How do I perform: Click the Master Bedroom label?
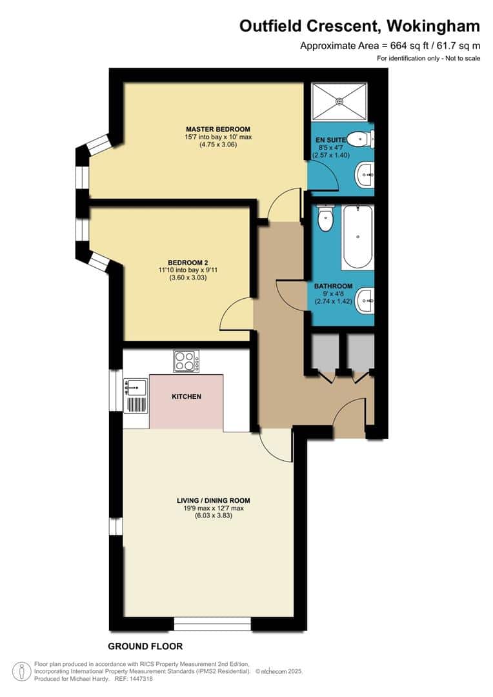[217, 129]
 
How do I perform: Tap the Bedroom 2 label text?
[188, 262]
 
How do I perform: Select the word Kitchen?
[186, 396]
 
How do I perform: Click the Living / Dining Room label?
[213, 500]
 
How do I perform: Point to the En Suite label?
[327, 139]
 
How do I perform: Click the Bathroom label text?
[333, 286]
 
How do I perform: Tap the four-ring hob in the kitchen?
[186, 361]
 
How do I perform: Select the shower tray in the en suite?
[339, 101]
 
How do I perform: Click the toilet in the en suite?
[359, 137]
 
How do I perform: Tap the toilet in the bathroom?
[326, 218]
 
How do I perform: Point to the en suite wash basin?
[365, 173]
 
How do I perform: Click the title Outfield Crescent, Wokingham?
[359, 26]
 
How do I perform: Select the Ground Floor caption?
[145, 646]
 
